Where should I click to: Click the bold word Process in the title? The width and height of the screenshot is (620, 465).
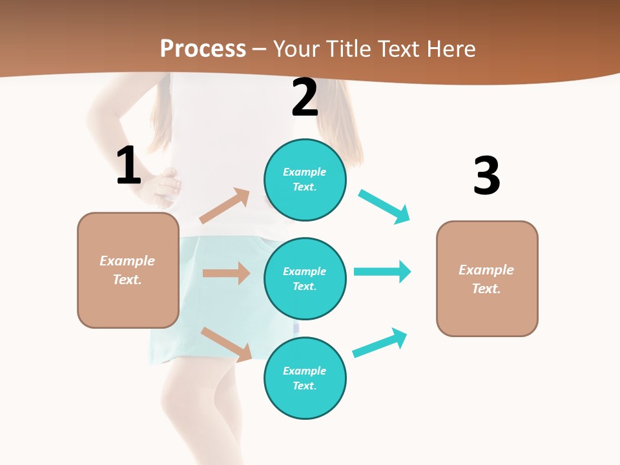[203, 48]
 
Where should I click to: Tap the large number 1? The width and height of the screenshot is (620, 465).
[129, 166]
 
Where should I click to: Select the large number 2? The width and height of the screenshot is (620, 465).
[305, 98]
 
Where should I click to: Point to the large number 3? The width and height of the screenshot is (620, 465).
[486, 176]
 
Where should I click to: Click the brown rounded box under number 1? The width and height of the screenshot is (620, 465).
[128, 270]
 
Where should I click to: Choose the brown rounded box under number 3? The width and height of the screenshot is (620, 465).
[487, 278]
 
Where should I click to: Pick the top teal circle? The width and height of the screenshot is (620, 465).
[305, 180]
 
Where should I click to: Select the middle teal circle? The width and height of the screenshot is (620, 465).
[305, 278]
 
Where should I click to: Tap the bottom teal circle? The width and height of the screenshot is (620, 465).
[305, 378]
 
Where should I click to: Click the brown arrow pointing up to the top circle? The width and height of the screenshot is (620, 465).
[225, 206]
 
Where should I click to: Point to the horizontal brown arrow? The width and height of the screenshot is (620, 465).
[226, 273]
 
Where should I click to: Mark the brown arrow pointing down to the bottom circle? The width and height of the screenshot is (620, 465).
[226, 344]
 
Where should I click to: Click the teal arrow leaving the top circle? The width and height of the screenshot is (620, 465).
[384, 207]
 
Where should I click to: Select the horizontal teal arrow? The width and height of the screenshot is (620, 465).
[382, 271]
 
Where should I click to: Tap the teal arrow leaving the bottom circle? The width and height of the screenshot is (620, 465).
[380, 342]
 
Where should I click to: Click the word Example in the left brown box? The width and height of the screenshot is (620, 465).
[127, 261]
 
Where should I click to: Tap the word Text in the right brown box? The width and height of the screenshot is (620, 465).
[485, 289]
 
